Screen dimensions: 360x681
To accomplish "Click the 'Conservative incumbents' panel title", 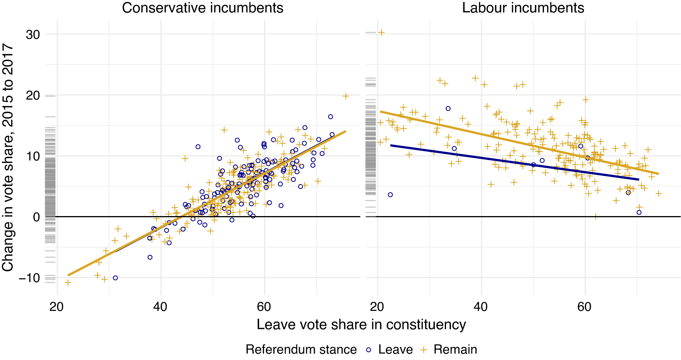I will (202, 8).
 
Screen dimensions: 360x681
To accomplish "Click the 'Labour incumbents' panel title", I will (523, 8).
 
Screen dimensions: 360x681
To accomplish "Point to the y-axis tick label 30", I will (33, 35).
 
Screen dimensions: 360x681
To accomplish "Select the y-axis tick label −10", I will (29, 278).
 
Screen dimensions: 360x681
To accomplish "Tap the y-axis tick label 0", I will (36, 217).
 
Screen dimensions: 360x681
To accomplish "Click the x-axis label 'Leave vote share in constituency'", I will (361, 325).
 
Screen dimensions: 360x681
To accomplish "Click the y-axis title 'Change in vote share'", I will (8, 157).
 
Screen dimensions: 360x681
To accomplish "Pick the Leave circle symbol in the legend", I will (369, 350).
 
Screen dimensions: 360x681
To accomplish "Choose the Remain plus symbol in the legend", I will (424, 350).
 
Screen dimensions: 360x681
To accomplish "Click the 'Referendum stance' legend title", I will (301, 350).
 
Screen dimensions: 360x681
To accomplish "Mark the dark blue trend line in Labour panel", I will (514, 162).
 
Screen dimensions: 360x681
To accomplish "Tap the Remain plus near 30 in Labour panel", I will (381, 33).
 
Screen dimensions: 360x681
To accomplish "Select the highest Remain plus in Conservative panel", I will (346, 96).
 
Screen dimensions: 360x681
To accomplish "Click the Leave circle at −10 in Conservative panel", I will (115, 278).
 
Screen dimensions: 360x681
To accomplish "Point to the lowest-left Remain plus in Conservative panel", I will (68, 282).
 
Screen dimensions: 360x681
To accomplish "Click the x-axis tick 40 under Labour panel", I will (481, 307).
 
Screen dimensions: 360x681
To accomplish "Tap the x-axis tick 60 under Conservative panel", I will (264, 307).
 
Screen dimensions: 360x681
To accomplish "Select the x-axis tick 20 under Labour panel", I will (377, 307).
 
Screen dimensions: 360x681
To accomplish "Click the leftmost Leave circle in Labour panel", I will (390, 195).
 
